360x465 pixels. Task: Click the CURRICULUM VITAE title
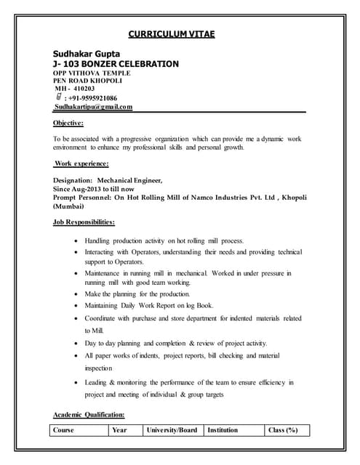coord(172,33)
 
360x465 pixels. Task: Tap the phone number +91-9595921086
coord(94,98)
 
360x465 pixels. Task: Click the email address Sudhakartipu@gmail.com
coord(94,108)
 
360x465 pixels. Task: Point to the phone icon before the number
coord(58,97)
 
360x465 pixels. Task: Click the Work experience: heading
coord(81,164)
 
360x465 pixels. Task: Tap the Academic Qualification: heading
coord(89,415)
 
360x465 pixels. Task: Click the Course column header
coord(64,430)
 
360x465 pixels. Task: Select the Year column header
coord(120,430)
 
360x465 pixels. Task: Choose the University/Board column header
coord(172,430)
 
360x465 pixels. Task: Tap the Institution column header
coord(223,430)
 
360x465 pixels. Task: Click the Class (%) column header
coord(283,430)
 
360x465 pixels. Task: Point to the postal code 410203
coord(80,89)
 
